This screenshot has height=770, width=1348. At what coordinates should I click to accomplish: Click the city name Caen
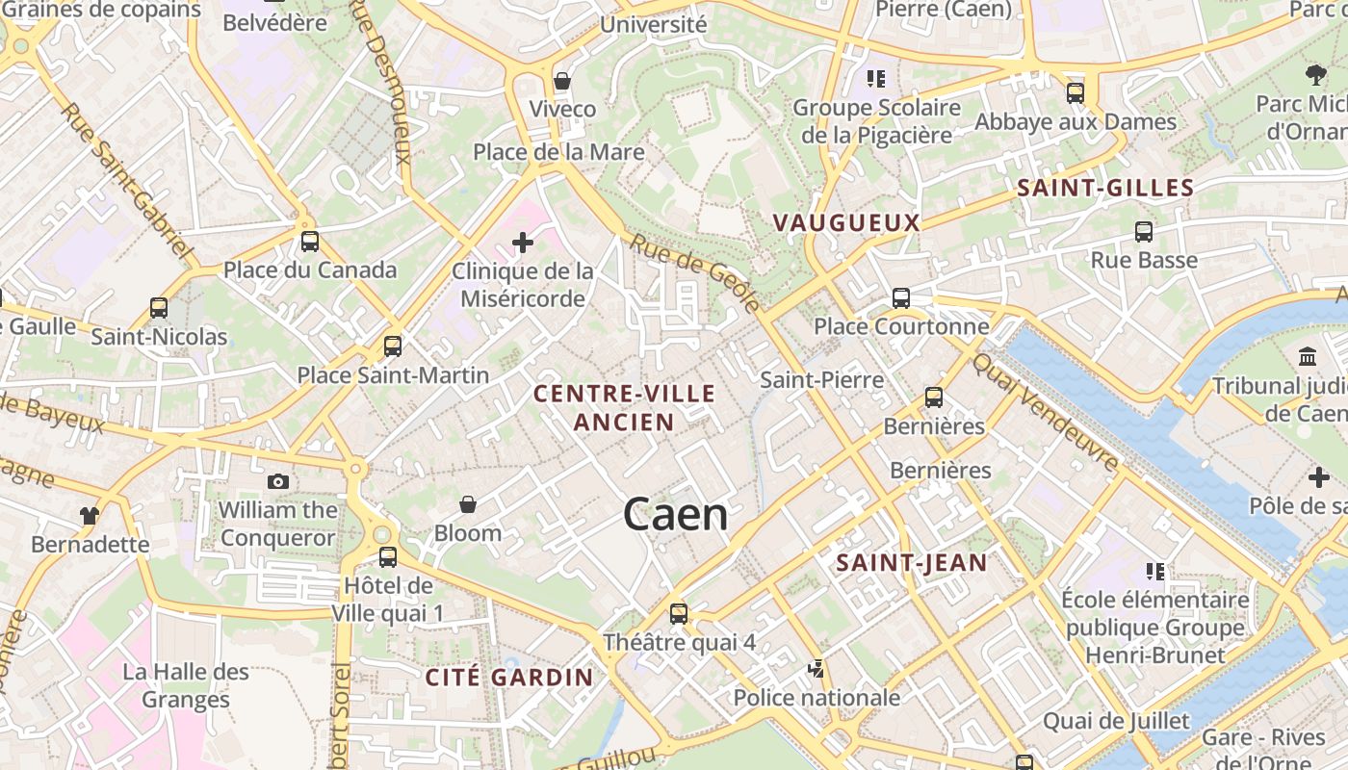point(675,514)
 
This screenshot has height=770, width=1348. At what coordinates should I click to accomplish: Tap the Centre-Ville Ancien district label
point(625,407)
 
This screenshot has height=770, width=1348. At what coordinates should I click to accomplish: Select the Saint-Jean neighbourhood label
point(912,563)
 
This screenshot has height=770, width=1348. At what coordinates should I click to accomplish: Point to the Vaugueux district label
point(846,223)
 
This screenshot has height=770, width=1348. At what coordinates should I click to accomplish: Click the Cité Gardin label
point(509,677)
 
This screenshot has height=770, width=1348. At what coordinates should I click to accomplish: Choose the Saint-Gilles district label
point(1105,189)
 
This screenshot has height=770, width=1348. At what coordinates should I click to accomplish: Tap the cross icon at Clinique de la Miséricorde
point(523,243)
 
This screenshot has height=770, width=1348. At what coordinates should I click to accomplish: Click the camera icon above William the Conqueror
point(278,481)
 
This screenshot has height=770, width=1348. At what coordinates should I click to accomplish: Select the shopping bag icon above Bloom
point(468,504)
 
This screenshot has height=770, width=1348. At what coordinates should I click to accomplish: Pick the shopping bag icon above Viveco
point(562,81)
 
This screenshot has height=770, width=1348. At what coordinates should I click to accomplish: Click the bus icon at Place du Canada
point(309,242)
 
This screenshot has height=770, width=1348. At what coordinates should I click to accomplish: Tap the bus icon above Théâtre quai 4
point(679,613)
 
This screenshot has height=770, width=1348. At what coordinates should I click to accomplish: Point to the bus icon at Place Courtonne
point(901,298)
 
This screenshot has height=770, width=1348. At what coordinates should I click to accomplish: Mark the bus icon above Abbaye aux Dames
point(1076,93)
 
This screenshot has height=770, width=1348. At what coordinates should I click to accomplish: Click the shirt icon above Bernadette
point(90,516)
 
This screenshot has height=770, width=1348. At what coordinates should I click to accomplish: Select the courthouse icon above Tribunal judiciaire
point(1308,357)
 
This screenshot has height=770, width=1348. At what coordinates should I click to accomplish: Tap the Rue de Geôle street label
point(696,271)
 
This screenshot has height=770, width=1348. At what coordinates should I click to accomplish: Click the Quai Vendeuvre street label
point(1046,412)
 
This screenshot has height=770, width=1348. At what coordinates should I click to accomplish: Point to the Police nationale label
point(817,697)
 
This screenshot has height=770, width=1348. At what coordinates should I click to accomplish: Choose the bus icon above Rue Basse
point(1144,232)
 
